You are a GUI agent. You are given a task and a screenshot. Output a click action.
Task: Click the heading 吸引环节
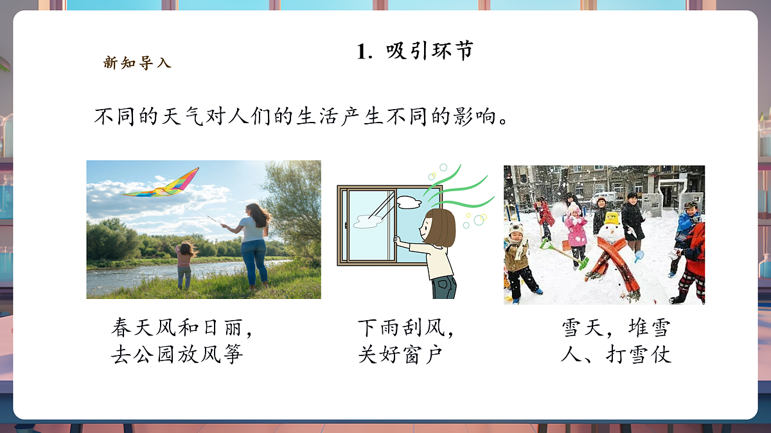pyautogui.click(x=429, y=51)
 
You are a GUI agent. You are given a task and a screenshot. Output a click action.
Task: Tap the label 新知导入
pyautogui.click(x=137, y=63)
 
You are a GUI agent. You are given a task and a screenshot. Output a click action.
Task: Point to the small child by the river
pyautogui.click(x=184, y=264)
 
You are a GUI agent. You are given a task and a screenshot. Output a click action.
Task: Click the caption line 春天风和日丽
pyautogui.click(x=182, y=328)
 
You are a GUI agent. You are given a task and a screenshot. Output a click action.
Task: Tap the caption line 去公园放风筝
pyautogui.click(x=177, y=355)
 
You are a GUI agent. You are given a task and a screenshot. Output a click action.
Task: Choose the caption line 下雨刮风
pyautogui.click(x=406, y=328)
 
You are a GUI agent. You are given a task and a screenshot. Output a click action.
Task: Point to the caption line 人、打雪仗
pyautogui.click(x=616, y=355)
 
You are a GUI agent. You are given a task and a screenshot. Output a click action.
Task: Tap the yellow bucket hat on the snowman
pyautogui.click(x=612, y=218)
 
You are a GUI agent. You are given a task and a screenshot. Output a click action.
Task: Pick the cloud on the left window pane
pyautogui.click(x=366, y=222)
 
